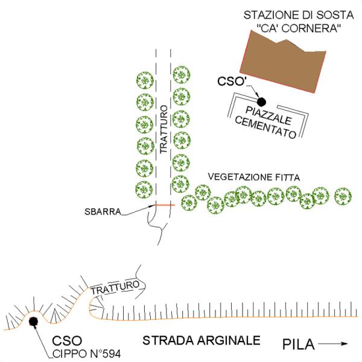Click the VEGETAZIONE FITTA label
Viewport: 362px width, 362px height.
[x=254, y=177]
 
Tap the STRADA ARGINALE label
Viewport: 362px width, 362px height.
[x=201, y=341]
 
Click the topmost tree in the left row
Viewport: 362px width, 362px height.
[x=144, y=80]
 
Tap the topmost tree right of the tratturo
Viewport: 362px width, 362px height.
[x=181, y=75]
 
